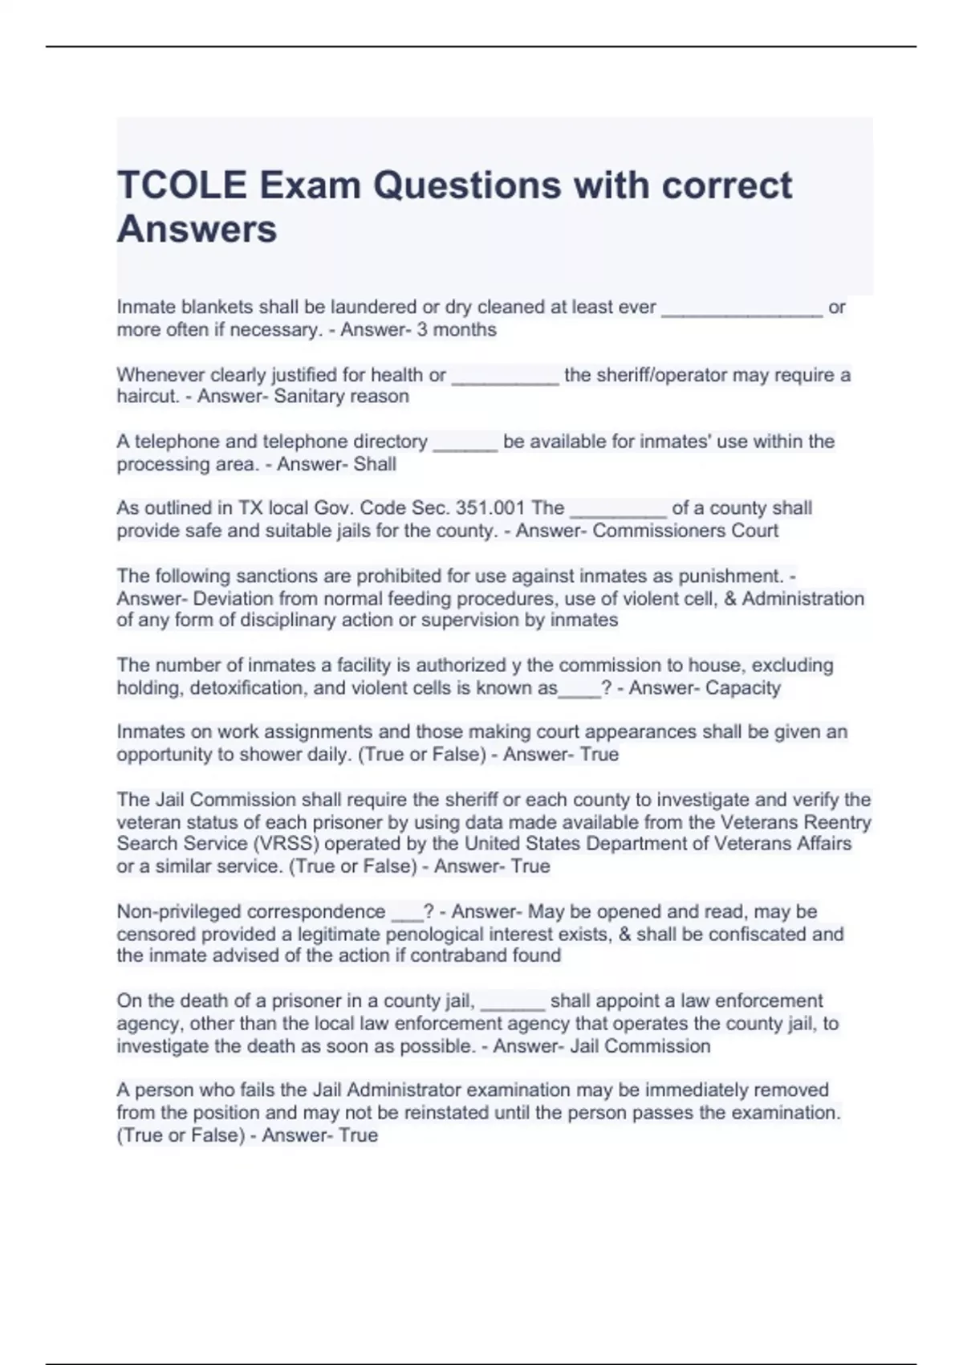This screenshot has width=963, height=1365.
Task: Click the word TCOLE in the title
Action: (x=182, y=185)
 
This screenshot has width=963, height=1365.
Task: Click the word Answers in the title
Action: (x=197, y=230)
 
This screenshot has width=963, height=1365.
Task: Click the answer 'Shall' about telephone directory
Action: (x=375, y=464)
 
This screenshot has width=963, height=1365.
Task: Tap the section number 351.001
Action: (x=490, y=508)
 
